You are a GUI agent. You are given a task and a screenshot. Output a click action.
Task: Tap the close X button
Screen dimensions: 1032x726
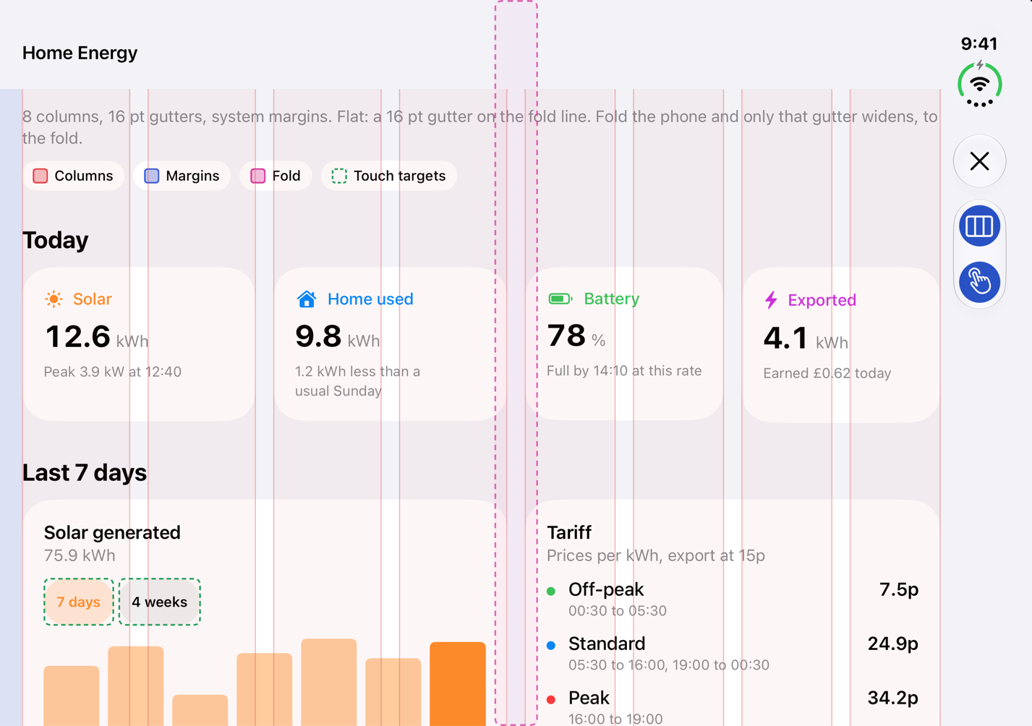979,161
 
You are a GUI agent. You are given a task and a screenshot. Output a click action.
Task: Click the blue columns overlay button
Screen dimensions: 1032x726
979,226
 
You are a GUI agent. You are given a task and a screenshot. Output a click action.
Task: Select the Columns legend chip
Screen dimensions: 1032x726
73,176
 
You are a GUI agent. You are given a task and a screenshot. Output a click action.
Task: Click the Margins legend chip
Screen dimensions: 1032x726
182,176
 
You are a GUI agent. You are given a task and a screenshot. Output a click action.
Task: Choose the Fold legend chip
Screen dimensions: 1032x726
276,176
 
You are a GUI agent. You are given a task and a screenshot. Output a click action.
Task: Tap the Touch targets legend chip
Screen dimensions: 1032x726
389,176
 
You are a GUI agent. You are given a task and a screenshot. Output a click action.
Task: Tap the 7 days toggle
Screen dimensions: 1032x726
79,602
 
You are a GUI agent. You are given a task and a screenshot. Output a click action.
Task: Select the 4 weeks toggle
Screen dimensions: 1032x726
159,602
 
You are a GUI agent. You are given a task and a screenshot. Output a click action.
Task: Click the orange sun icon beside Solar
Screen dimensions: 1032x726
54,299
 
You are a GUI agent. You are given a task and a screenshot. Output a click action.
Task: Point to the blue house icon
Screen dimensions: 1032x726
307,299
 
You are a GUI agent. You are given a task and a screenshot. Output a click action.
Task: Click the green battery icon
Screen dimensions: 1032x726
560,299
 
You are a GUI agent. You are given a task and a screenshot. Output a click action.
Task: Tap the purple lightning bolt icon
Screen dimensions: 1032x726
771,300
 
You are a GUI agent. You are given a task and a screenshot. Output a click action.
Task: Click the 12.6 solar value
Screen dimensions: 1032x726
78,336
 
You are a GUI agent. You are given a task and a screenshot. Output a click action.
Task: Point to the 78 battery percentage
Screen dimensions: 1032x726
566,336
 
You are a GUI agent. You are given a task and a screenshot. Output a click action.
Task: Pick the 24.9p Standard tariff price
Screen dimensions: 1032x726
893,644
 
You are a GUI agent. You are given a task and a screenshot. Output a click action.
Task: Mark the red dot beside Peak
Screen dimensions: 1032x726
551,700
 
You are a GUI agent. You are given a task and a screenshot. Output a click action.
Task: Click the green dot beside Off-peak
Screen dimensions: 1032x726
551,591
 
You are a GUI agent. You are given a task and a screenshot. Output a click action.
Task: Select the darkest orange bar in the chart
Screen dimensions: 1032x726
458,683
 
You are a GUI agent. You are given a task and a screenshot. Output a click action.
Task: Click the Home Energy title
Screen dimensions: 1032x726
80,54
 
